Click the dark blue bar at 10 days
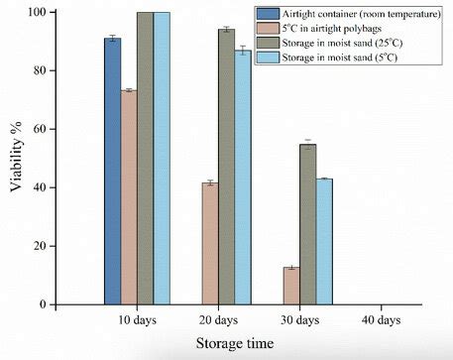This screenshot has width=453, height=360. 113,172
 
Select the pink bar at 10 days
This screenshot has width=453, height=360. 129,197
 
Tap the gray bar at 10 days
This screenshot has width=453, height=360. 146,159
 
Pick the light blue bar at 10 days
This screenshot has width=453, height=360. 162,159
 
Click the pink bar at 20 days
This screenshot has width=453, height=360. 210,244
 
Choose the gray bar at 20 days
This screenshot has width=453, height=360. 227,167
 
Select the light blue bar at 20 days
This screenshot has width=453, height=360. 243,178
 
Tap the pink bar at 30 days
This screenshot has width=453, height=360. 291,286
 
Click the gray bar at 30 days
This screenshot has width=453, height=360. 308,224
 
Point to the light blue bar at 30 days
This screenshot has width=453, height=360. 324,242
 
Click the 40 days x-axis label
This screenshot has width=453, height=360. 381,320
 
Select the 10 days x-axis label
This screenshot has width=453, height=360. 137,320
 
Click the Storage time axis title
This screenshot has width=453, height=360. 235,343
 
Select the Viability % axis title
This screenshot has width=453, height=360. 16,157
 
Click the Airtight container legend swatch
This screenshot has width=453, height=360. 268,14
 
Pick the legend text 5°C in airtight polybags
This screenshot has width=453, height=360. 331,29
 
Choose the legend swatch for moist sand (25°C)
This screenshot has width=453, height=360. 268,43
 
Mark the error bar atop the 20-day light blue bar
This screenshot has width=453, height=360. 243,51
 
